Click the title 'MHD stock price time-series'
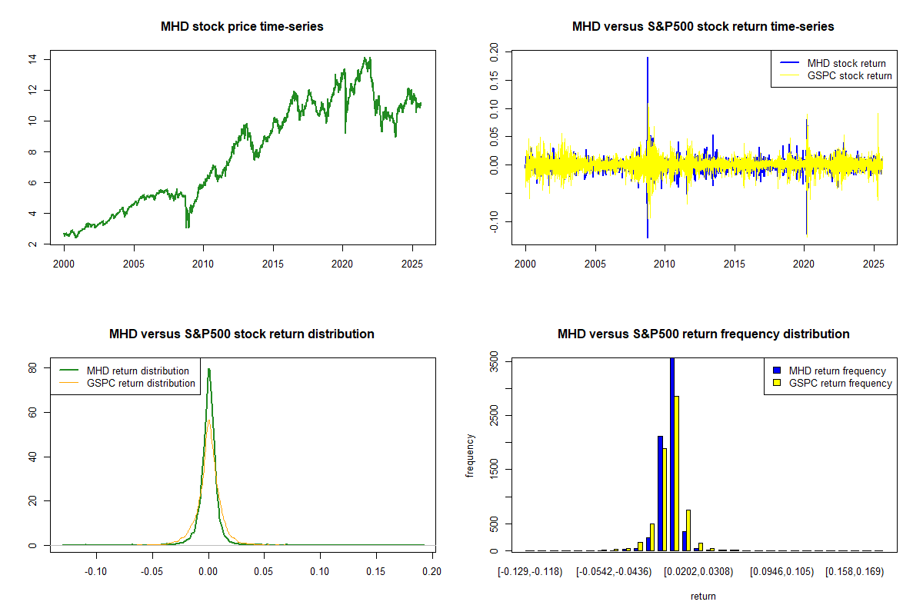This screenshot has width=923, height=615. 242,27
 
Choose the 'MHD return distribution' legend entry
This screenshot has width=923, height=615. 138,371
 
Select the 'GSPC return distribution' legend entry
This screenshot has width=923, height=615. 141,383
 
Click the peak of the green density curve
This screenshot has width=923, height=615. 208,369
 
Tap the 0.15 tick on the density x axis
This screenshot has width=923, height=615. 375,572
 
